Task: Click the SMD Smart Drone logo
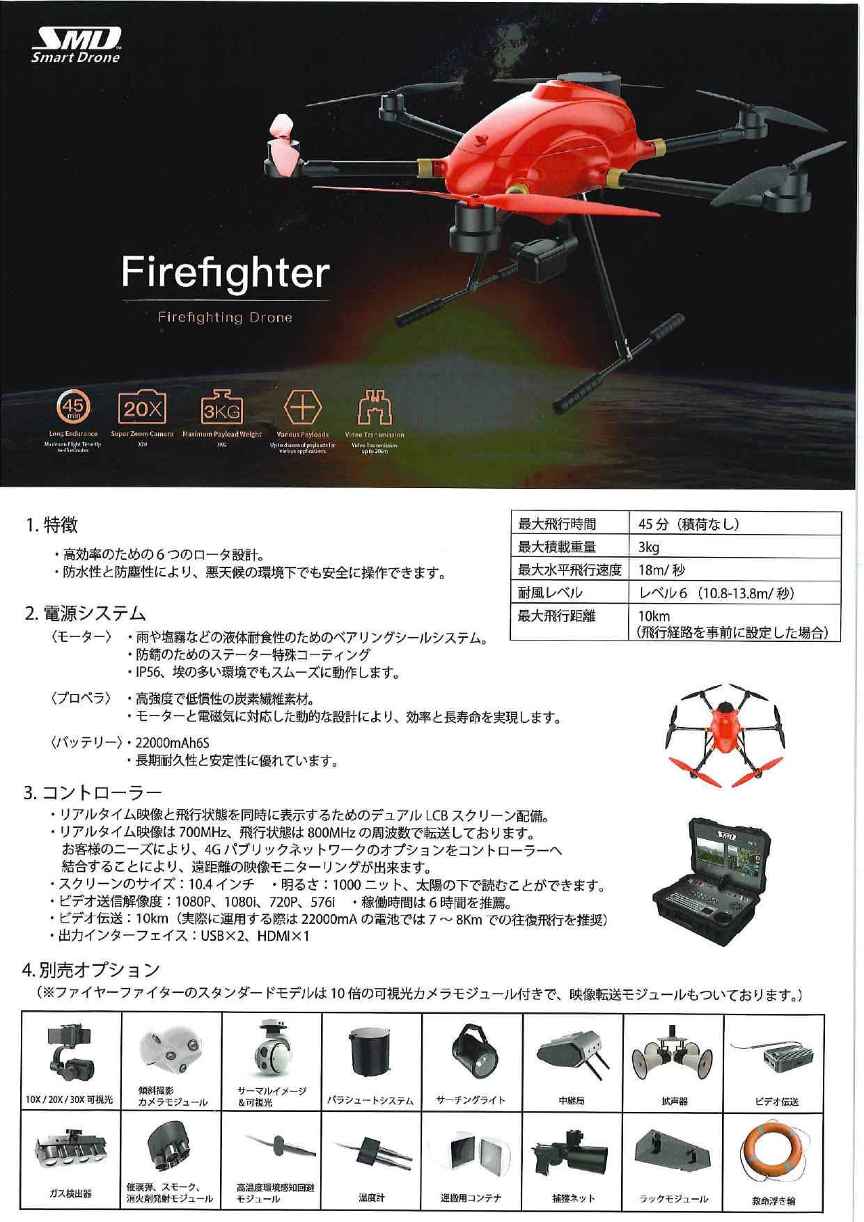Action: pos(76,45)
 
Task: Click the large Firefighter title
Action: pos(225,272)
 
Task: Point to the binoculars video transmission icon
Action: pos(375,408)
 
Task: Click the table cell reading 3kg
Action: pos(649,547)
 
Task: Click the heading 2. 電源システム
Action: pos(85,613)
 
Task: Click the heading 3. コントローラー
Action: pos(93,792)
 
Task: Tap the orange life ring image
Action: pos(773,1152)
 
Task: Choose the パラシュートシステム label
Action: pos(370,1101)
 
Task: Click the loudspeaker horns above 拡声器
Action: pos(673,1057)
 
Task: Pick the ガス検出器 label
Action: pos(70,1193)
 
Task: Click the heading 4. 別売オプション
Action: pos(91,969)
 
